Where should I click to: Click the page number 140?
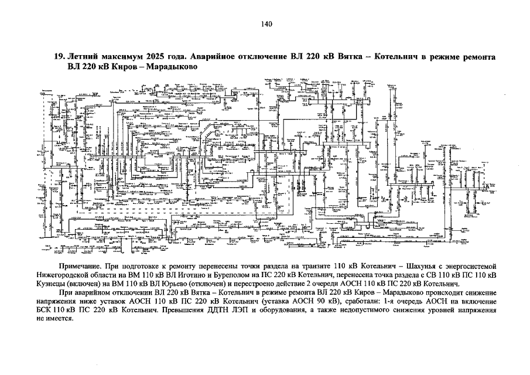[x=265, y=24]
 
